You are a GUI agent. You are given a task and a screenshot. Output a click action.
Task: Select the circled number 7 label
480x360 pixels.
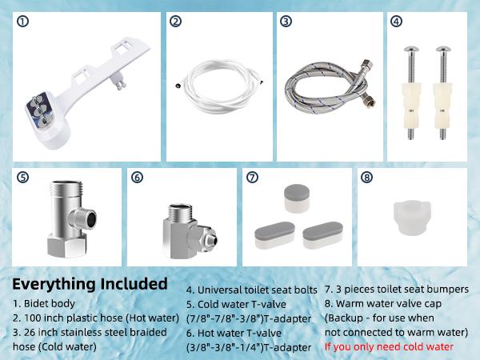click(253, 177)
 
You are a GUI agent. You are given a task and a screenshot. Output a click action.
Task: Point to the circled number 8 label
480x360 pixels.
click(366, 177)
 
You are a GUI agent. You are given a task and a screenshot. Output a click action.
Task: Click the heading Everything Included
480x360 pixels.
click(90, 284)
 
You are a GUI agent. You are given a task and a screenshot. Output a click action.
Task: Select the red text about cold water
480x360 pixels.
click(389, 347)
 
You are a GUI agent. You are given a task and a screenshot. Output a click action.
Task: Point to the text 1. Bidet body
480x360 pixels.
click(45, 304)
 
